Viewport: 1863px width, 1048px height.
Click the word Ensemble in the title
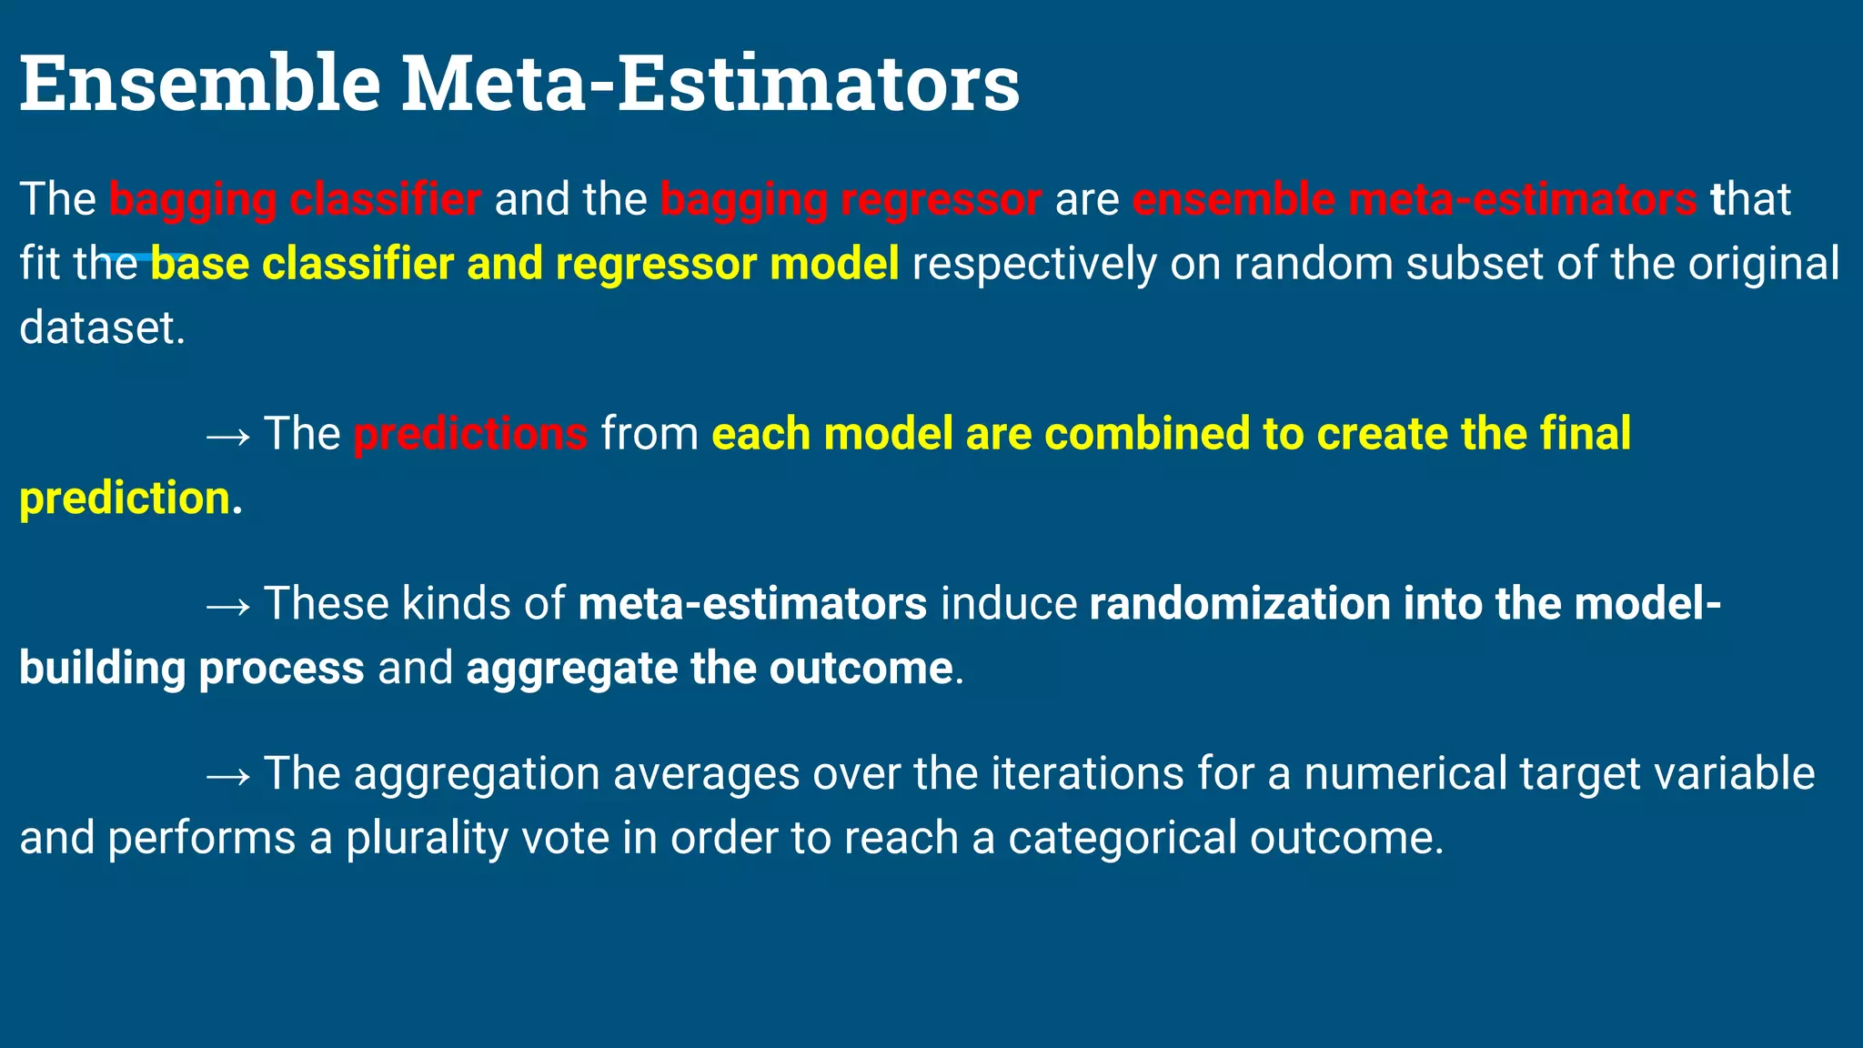200,84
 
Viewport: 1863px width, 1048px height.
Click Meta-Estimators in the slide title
710,84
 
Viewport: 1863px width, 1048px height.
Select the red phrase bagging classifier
295,199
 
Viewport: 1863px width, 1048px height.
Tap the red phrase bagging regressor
851,199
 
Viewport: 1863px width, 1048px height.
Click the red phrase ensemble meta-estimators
1414,199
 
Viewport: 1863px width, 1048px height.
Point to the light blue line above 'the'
141,257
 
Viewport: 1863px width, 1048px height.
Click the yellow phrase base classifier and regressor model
525,264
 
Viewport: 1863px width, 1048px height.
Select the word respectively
1034,264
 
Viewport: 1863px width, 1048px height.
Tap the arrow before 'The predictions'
227,436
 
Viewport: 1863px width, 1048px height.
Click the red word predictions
470,434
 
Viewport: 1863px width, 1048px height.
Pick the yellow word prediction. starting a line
126,499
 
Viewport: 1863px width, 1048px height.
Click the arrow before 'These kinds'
227,606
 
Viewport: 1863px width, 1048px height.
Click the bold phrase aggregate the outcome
709,669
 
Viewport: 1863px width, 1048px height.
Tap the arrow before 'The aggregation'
227,776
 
